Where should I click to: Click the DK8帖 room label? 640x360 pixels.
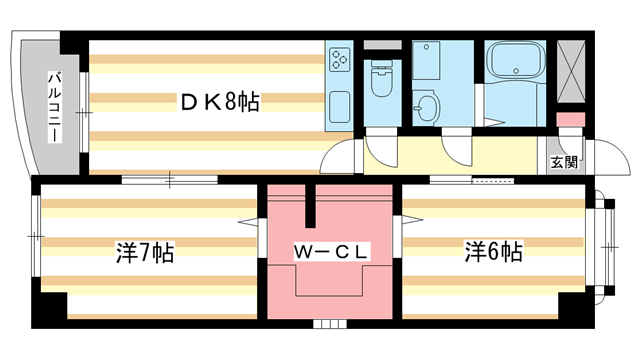tap(220, 101)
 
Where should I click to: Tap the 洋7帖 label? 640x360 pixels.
tap(144, 252)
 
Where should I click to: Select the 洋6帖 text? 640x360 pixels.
tap(492, 252)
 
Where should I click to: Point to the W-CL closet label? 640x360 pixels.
tap(331, 252)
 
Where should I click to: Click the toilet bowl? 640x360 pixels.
tap(380, 83)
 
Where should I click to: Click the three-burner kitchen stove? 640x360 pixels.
tap(339, 60)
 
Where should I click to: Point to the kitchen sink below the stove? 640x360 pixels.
tap(339, 105)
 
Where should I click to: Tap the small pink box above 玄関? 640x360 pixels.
tap(568, 120)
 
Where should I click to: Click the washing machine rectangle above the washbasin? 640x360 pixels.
tap(428, 62)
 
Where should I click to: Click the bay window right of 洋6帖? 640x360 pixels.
tap(601, 244)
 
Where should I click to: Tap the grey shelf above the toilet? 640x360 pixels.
tap(380, 46)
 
